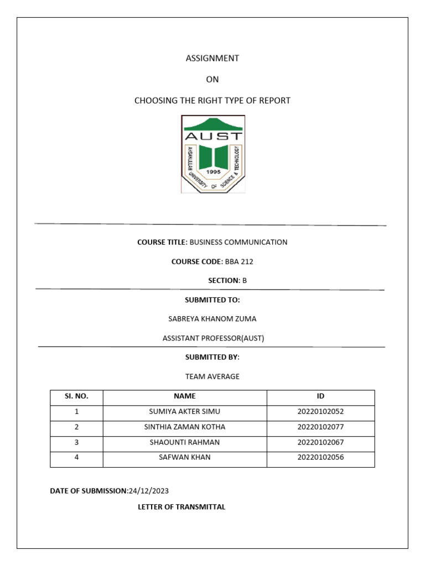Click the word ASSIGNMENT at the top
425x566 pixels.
tap(212, 58)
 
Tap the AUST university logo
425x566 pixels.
tap(212, 154)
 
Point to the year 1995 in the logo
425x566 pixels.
tap(212, 172)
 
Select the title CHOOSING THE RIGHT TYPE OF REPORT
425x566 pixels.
tap(212, 101)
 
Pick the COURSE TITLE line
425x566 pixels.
tap(212, 242)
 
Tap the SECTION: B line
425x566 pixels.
tap(227, 281)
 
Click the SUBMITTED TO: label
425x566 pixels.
tap(212, 300)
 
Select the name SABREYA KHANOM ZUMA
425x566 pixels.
tap(212, 319)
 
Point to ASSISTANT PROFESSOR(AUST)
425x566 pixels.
tap(212, 338)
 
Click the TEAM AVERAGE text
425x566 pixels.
tap(212, 376)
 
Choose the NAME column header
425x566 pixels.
tap(184, 396)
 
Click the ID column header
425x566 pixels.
tap(320, 396)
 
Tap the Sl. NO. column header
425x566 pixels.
tap(76, 396)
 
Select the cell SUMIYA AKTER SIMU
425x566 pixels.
tap(184, 412)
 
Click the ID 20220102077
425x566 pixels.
tap(320, 427)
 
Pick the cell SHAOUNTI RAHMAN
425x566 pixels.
tap(184, 443)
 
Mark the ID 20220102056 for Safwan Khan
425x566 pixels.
tap(320, 458)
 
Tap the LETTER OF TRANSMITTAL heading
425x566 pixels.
tap(182, 507)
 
